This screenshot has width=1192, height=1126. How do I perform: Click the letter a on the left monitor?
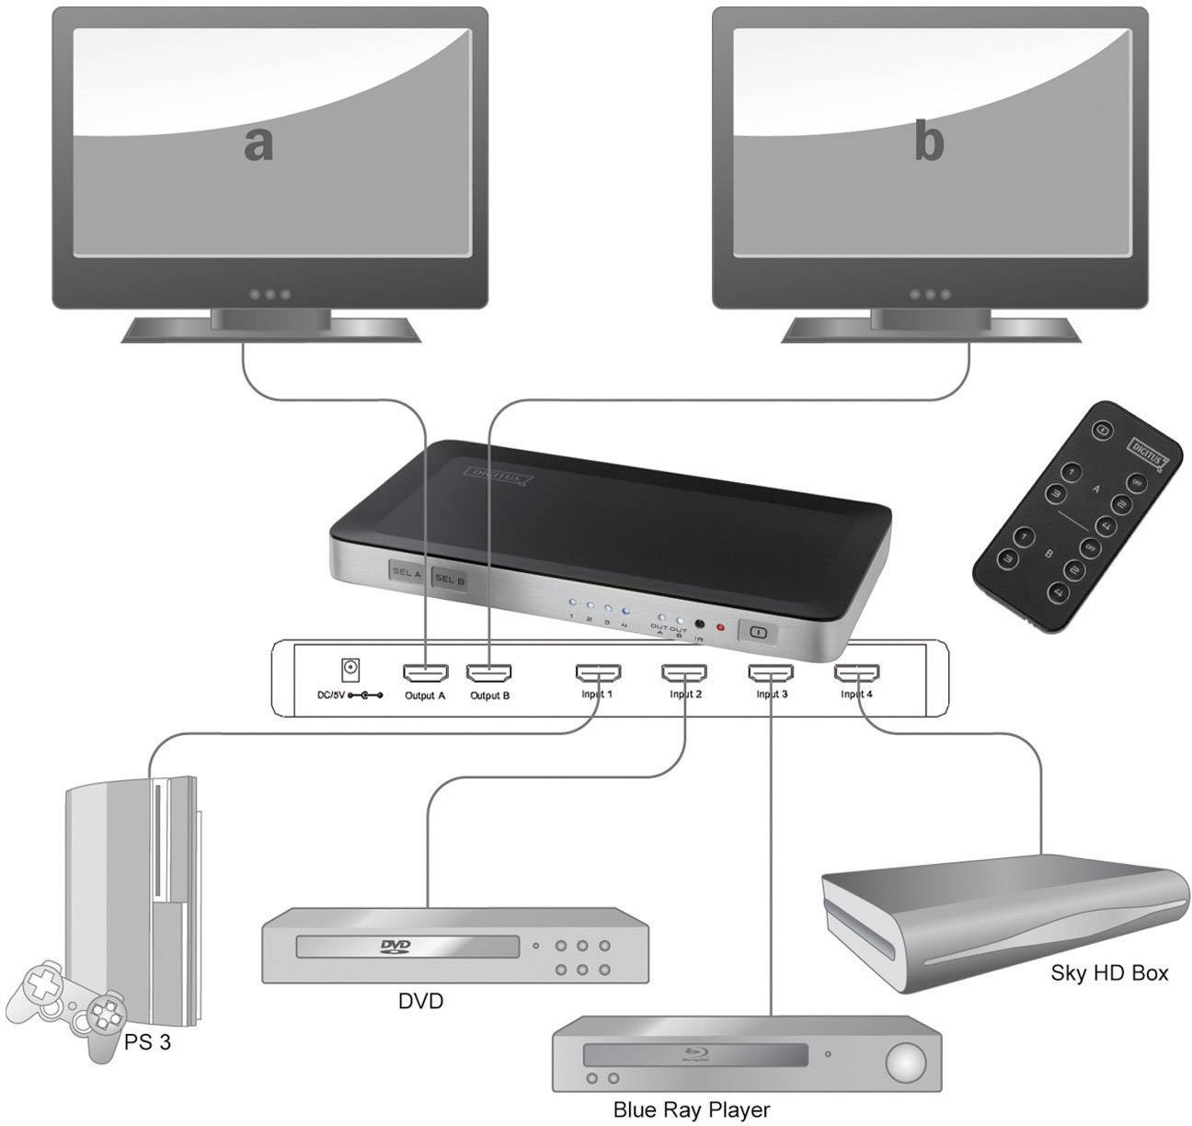pos(258,144)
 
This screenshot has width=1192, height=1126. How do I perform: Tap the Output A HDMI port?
pos(425,674)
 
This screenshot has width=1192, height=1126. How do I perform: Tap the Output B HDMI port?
pos(489,674)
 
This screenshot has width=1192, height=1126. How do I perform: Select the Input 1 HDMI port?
pos(598,674)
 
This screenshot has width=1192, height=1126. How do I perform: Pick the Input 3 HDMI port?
pos(771,674)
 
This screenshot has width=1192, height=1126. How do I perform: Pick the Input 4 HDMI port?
pos(857,674)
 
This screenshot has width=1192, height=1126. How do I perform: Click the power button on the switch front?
pos(758,632)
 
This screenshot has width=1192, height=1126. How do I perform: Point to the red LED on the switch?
pos(720,628)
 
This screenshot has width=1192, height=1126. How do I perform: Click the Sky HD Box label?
pos(1109,973)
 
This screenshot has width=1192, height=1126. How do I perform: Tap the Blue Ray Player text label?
pos(691,1110)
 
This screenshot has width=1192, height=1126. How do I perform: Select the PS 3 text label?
pos(146,1043)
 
